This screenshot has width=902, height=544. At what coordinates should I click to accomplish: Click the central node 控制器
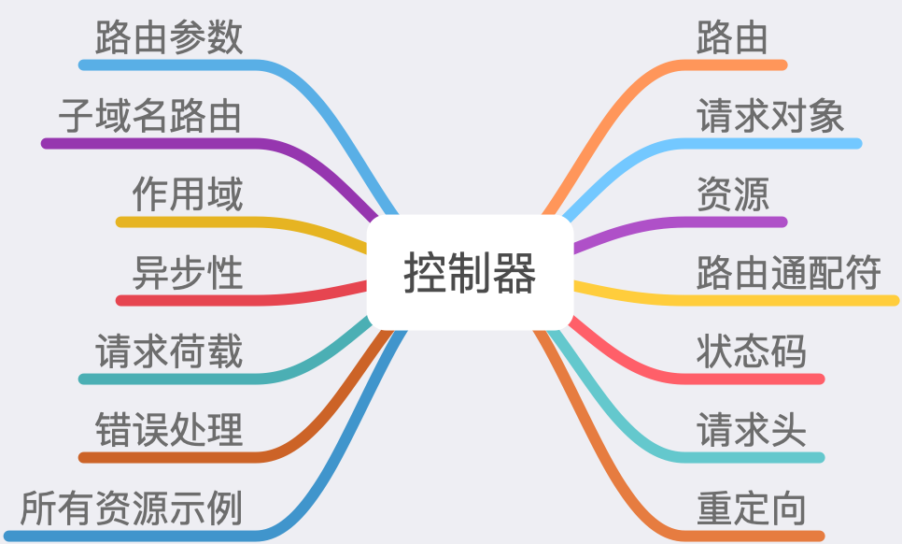[x=470, y=273]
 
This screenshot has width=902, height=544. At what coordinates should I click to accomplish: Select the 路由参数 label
[x=169, y=38]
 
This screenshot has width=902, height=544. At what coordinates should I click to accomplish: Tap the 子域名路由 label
[x=150, y=117]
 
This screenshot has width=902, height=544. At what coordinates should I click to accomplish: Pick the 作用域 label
[x=188, y=195]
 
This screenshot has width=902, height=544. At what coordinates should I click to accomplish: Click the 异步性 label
[x=188, y=274]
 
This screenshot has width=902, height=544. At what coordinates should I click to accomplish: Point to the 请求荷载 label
[x=169, y=352]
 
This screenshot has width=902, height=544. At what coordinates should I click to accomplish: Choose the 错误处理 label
[x=169, y=431]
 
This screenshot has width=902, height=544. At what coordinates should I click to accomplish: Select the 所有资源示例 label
[x=132, y=509]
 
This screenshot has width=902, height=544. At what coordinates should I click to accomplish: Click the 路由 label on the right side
[x=732, y=38]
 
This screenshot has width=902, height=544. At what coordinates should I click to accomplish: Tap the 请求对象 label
[x=770, y=117]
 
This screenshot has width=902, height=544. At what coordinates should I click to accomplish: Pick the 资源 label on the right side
[x=732, y=195]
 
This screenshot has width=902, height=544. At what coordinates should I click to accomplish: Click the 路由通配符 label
[x=789, y=274]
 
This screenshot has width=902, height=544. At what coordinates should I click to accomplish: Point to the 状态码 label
[x=751, y=352]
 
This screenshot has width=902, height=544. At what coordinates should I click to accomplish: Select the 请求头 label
[x=751, y=431]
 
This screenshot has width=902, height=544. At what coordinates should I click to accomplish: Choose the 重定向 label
[x=751, y=509]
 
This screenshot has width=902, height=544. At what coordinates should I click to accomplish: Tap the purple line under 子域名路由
[x=149, y=143]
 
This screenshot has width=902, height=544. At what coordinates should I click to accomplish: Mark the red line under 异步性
[x=187, y=300]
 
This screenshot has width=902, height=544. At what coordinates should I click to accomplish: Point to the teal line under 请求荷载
[x=168, y=379]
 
